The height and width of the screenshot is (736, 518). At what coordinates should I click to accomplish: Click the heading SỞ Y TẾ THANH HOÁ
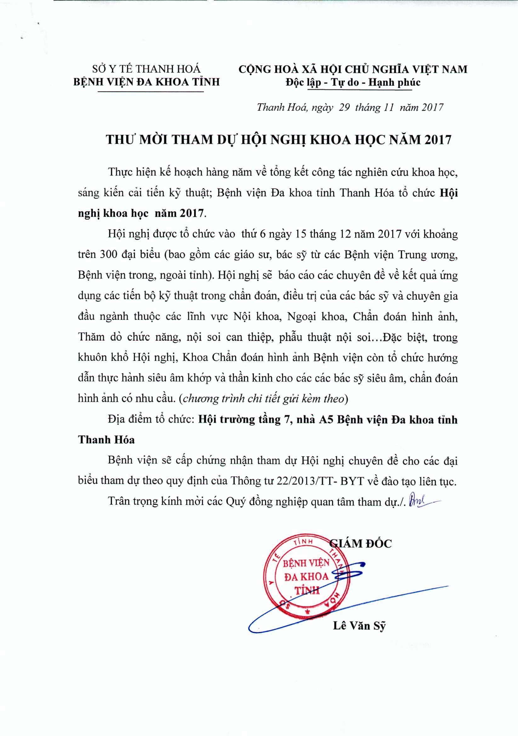[x=146, y=69]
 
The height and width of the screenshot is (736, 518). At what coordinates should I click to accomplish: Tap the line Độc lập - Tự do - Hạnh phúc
[x=353, y=83]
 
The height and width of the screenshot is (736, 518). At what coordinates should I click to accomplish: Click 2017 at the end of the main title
[x=438, y=140]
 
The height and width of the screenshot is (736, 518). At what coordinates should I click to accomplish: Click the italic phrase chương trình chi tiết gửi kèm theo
[x=264, y=399]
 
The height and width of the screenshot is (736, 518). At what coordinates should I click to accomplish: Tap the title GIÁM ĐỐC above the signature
[x=361, y=544]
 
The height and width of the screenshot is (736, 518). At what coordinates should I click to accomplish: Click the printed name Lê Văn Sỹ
[x=359, y=626]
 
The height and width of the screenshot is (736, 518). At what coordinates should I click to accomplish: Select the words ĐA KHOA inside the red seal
[x=307, y=577]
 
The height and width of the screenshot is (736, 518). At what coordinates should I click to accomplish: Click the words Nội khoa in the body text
[x=257, y=316]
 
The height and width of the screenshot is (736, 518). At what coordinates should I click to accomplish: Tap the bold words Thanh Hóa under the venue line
[x=106, y=440]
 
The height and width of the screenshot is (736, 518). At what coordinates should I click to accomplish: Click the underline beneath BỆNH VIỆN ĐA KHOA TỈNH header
[x=151, y=92]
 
